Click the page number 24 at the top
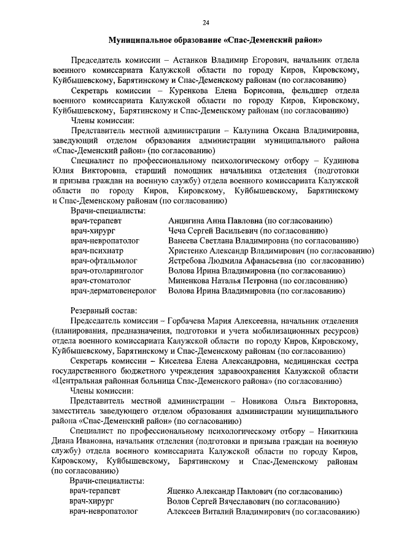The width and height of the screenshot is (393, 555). (206, 23)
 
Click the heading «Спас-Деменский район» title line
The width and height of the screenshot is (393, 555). (216, 40)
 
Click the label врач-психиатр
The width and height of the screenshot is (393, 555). (96, 250)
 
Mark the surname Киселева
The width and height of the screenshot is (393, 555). (186, 361)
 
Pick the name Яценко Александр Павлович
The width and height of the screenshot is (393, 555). (219, 491)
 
